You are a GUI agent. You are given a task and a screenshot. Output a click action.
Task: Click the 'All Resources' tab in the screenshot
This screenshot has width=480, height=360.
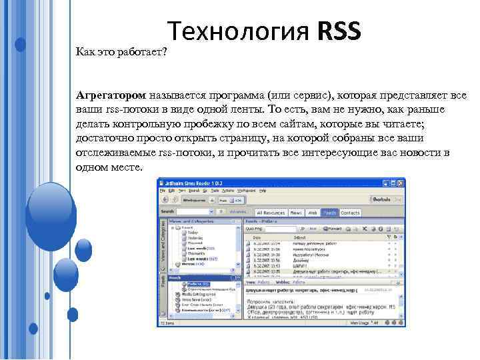266,213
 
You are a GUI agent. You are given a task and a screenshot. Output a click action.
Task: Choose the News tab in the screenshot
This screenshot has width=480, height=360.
296,213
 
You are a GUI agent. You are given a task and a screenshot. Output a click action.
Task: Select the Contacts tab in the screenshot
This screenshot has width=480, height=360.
350,213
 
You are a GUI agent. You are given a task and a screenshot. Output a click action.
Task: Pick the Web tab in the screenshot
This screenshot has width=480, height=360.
313,213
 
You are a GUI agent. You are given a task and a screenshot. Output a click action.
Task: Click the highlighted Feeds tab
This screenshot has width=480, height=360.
330,213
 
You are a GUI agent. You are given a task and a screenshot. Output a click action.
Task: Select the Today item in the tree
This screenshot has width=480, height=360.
193,233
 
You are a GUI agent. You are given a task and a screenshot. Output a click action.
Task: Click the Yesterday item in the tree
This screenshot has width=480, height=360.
195,238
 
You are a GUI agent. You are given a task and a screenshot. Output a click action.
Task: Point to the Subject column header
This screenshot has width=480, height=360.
299,237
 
